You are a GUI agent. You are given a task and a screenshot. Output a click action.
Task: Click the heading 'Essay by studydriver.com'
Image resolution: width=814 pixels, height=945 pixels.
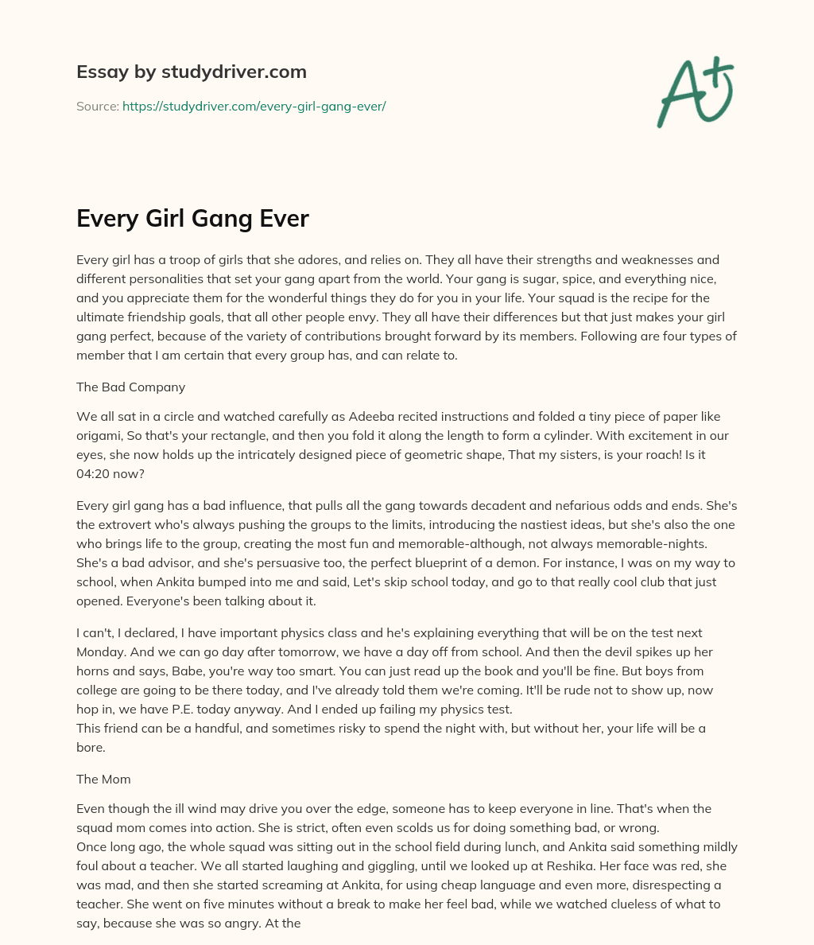point(191,72)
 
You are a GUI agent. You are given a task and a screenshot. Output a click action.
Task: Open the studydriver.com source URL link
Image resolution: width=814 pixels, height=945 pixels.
point(254,106)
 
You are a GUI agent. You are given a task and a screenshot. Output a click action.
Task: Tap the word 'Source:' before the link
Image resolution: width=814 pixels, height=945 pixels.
point(98,106)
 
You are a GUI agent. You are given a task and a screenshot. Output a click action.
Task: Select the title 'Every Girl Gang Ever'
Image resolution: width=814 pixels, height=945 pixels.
point(192,218)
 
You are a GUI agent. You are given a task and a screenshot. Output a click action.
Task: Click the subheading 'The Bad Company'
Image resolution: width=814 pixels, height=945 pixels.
point(130,387)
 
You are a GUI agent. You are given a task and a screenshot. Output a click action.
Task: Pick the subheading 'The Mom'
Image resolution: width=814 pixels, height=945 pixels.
point(103,780)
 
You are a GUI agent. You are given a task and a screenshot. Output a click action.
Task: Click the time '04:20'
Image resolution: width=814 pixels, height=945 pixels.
point(95,474)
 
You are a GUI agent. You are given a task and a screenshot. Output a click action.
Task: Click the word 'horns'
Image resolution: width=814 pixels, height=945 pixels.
point(95,671)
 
